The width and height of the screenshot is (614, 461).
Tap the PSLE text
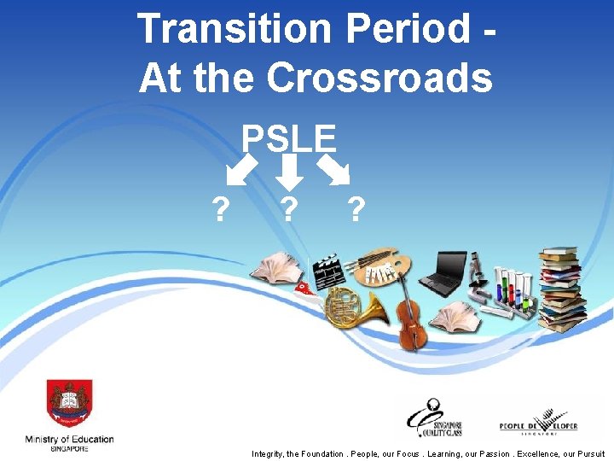(x=289, y=137)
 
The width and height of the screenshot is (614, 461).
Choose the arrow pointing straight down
(x=291, y=171)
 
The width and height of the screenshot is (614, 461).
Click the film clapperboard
(x=328, y=271)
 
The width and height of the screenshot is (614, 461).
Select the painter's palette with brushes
(x=380, y=266)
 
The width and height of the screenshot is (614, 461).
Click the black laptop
(x=442, y=274)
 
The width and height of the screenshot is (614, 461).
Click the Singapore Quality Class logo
(x=438, y=417)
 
